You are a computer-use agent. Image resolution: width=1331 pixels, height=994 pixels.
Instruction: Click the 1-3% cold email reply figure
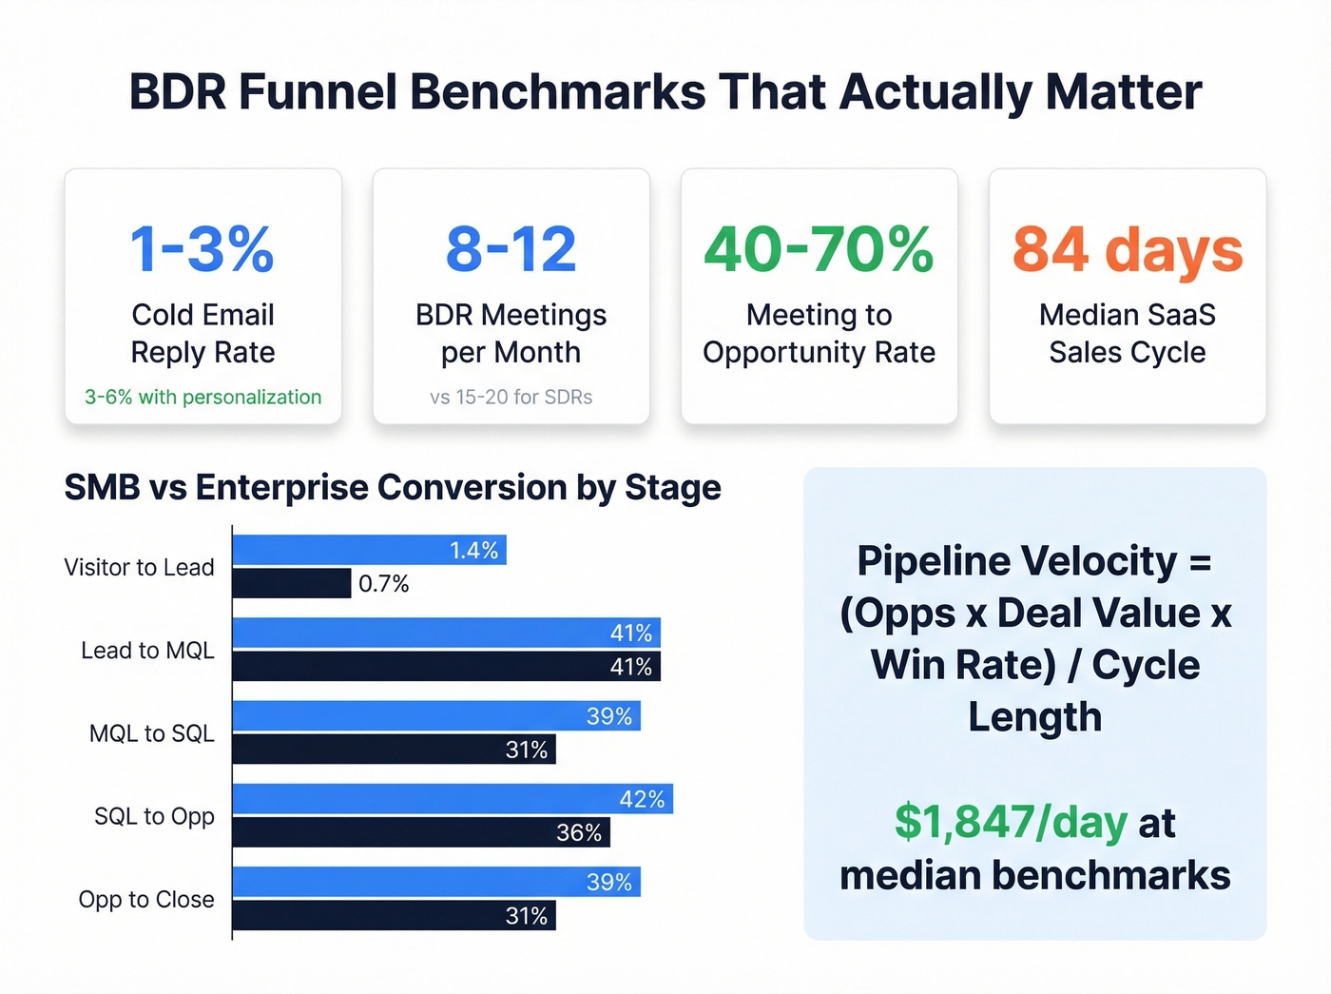[x=202, y=250]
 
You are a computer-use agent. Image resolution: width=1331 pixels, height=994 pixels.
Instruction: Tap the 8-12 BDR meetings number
[x=511, y=250]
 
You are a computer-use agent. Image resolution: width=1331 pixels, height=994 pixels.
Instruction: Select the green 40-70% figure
[x=819, y=250]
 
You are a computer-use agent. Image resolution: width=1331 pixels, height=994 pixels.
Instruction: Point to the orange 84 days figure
[x=1128, y=250]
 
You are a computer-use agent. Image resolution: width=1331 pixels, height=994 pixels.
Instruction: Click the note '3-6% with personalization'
[x=203, y=398]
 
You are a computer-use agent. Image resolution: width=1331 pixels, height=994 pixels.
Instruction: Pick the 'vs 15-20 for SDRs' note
[x=511, y=398]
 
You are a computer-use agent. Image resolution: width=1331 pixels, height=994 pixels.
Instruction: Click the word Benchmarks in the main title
[x=558, y=92]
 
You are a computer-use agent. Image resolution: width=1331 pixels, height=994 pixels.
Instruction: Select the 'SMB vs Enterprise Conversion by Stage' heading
[x=393, y=488]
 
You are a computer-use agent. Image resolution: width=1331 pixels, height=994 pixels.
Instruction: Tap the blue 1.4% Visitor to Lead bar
[x=369, y=550]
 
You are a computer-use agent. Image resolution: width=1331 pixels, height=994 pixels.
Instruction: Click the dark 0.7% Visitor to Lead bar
[x=291, y=583]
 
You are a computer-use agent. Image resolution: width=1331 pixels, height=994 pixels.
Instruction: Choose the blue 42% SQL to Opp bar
[x=453, y=799]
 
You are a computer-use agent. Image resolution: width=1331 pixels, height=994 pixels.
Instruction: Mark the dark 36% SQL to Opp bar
[x=420, y=832]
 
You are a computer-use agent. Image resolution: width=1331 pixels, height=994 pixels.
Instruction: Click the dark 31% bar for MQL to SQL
[x=394, y=750]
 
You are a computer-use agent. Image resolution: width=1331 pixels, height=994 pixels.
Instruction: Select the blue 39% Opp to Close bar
[x=436, y=882]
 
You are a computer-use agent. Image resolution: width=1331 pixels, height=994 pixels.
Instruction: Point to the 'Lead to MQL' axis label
[x=147, y=651]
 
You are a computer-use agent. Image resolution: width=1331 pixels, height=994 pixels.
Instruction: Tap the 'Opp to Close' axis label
[x=146, y=900]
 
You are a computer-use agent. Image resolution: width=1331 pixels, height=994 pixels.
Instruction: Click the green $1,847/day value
[x=1011, y=823]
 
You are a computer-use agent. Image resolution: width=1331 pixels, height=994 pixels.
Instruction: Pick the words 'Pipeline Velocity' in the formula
[x=1016, y=561]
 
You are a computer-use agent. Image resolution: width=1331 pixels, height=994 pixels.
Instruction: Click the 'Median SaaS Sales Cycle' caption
[x=1128, y=334]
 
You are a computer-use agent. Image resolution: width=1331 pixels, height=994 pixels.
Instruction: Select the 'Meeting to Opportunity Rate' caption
[x=819, y=334]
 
